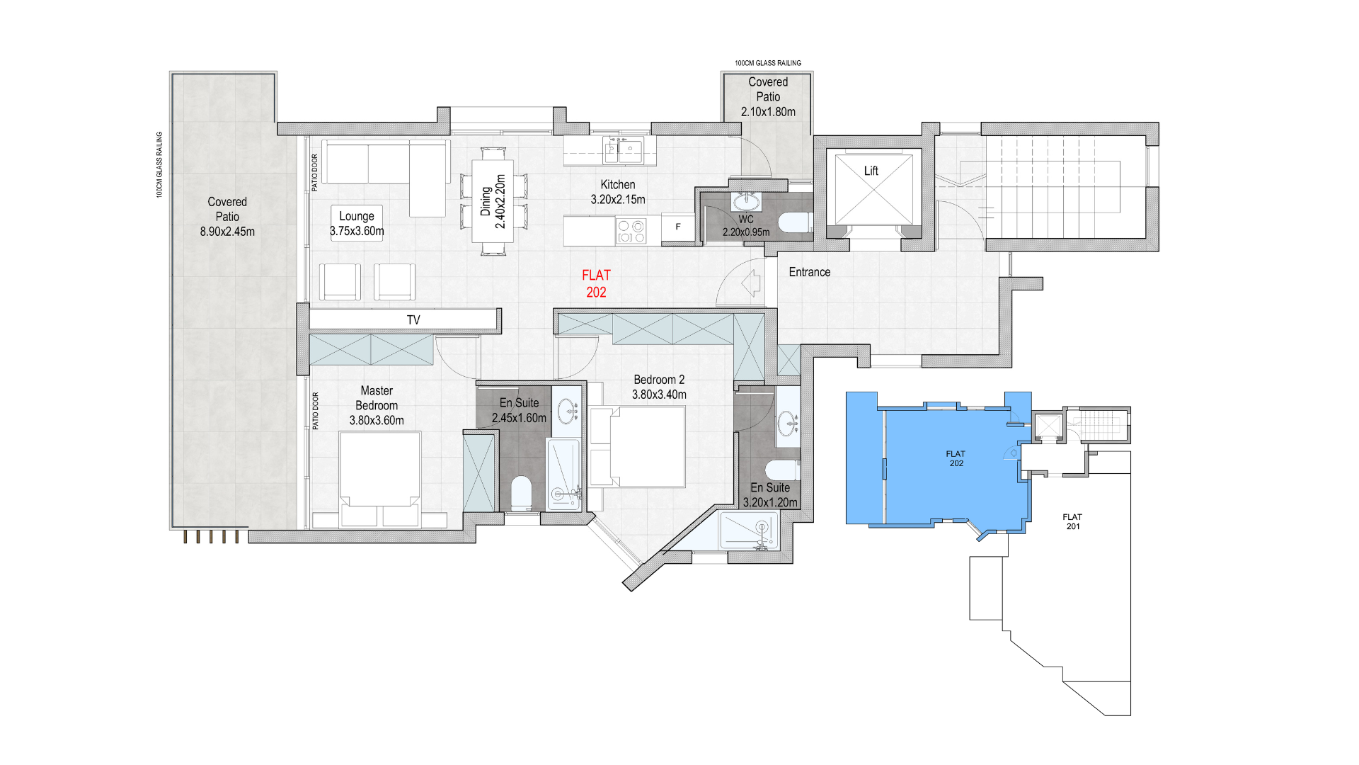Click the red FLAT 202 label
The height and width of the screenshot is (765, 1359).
pos(596,283)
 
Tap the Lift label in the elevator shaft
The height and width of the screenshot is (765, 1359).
pos(871,171)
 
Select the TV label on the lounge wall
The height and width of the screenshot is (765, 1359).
pos(413,320)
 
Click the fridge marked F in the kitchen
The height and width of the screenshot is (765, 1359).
pos(678,227)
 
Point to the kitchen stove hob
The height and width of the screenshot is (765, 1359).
pos(631,231)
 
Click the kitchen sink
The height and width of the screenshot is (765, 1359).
pos(623,150)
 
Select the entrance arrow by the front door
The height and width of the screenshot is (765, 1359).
pos(751,283)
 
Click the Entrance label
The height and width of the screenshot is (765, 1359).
pos(809,272)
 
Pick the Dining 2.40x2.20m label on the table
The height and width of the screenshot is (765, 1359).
pos(493,201)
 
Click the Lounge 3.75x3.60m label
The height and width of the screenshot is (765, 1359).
pos(357,223)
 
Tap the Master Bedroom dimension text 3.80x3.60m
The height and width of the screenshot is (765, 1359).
pos(377,421)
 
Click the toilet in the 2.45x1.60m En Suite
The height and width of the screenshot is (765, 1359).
pos(521,492)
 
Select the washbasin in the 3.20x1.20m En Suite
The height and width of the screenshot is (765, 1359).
pos(788,424)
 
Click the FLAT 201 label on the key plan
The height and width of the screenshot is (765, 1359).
pos(1072,522)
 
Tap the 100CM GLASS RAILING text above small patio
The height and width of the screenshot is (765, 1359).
pos(768,63)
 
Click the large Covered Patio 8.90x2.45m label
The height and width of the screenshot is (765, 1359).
pos(227,217)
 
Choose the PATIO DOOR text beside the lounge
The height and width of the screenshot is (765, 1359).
pos(315,173)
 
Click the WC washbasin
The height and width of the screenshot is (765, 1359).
pos(745,203)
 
